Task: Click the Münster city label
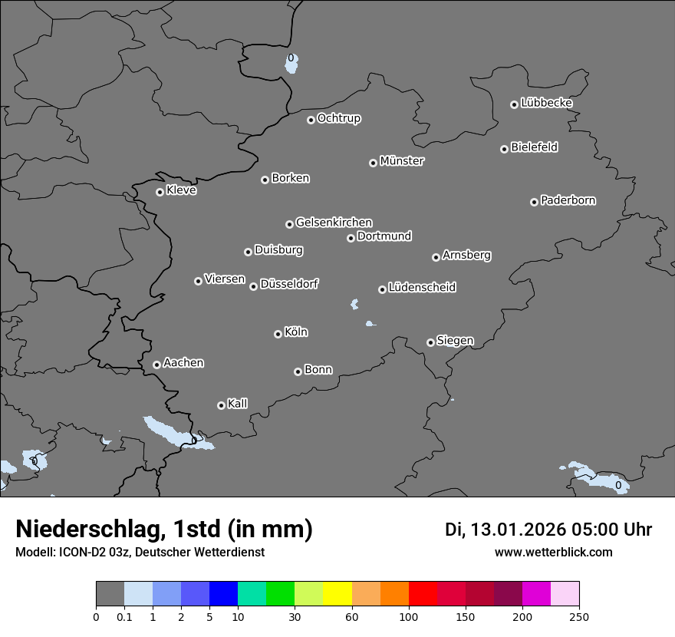click(402, 161)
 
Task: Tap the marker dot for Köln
click(278, 334)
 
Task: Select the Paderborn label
click(568, 200)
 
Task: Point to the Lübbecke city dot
click(514, 104)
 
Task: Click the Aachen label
click(183, 363)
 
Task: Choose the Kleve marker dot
click(160, 192)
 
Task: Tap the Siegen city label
click(455, 341)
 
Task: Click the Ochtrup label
click(339, 118)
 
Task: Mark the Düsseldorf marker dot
click(253, 286)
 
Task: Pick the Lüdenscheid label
click(422, 288)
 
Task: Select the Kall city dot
click(221, 405)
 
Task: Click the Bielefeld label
click(534, 147)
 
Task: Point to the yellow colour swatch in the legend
click(337, 594)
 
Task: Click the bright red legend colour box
click(423, 594)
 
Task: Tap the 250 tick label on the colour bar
click(579, 616)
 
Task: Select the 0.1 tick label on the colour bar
click(124, 616)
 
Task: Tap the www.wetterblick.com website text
click(553, 552)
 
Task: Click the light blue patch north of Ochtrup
click(291, 64)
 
